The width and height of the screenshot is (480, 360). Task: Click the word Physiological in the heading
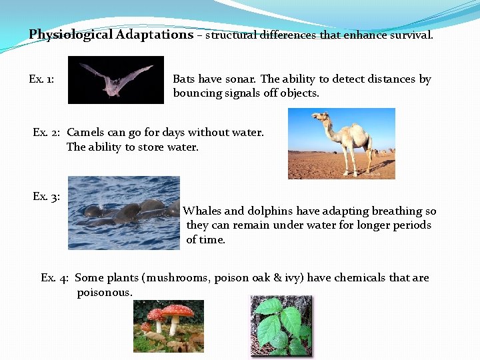click(x=71, y=35)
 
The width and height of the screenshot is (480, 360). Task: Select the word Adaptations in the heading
click(x=154, y=35)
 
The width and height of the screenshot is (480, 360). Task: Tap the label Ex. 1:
click(x=41, y=79)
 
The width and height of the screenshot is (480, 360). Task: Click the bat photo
click(x=116, y=79)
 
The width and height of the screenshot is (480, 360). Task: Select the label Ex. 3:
click(x=46, y=197)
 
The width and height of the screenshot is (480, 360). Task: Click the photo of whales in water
click(x=124, y=213)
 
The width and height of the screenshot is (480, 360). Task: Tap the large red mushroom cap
click(x=177, y=310)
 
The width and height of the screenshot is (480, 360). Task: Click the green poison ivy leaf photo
click(x=280, y=325)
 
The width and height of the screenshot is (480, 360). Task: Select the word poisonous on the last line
click(x=105, y=293)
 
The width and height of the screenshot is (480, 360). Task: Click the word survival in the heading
click(x=410, y=35)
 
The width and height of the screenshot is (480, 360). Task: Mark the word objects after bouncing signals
click(x=299, y=93)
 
